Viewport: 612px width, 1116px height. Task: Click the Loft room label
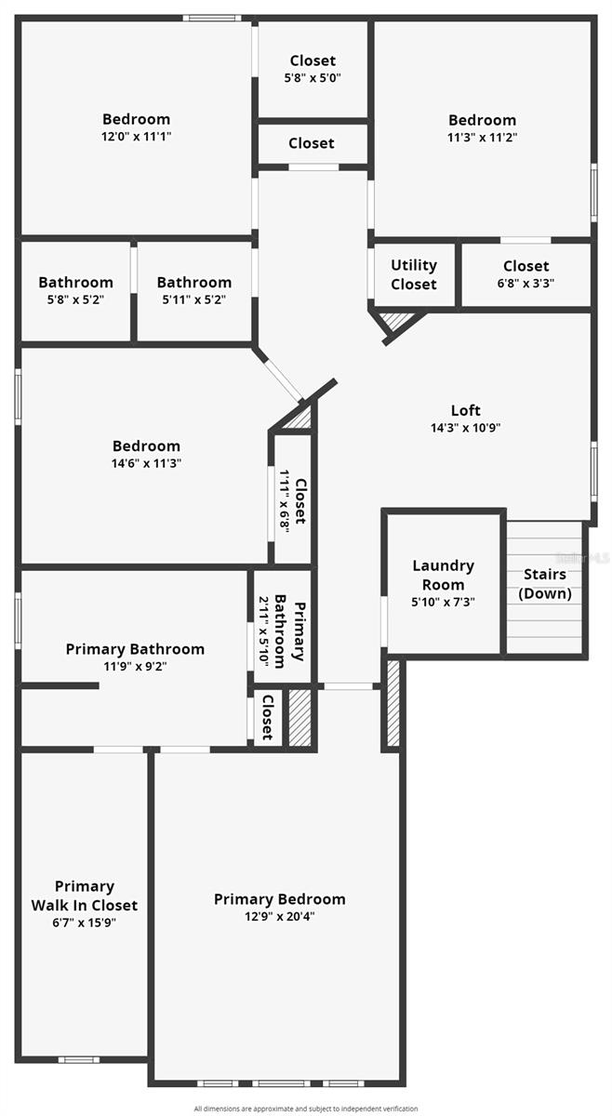(x=466, y=410)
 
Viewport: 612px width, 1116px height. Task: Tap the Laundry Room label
(x=443, y=575)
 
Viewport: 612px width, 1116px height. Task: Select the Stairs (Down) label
(x=544, y=584)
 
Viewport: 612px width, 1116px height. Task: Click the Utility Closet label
(x=413, y=275)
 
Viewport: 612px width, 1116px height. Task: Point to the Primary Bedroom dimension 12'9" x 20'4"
(x=279, y=916)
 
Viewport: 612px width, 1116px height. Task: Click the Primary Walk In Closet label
(x=85, y=896)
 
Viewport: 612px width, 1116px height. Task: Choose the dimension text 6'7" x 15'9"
(x=85, y=923)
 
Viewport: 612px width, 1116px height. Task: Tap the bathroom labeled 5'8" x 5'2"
(x=75, y=290)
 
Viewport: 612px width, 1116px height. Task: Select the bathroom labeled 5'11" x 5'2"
(x=193, y=290)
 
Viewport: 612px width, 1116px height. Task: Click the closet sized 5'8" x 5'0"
(x=312, y=69)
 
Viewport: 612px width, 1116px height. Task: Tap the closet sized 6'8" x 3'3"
(x=526, y=275)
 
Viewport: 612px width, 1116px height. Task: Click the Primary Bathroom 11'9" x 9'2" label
(x=135, y=657)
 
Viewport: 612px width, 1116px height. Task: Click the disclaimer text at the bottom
(x=306, y=1109)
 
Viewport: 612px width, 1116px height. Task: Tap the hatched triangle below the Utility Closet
(x=397, y=322)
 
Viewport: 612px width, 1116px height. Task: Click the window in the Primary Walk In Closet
(x=78, y=1058)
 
